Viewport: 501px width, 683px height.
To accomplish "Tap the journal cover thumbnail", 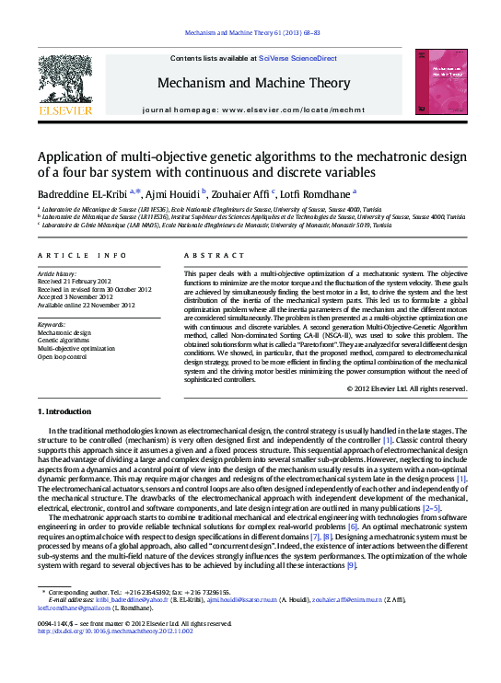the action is point(440,83).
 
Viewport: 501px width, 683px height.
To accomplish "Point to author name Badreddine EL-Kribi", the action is point(82,193).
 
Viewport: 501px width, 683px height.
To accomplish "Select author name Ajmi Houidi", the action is point(176,193).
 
